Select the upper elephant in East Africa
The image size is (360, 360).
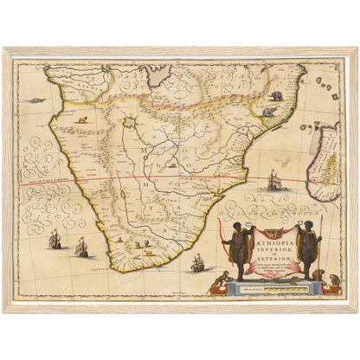276,94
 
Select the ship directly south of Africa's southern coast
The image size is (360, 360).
196,262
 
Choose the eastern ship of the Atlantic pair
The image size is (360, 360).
83,247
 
